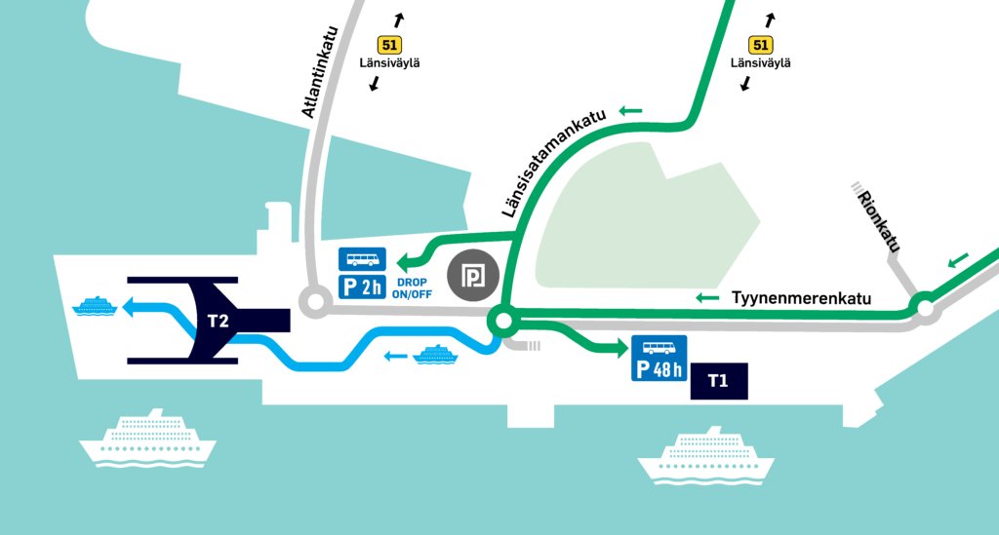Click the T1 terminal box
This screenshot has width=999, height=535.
tap(718, 381)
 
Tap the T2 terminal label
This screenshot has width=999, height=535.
tap(218, 320)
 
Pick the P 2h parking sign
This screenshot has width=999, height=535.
tap(362, 287)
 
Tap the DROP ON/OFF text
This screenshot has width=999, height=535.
tap(411, 287)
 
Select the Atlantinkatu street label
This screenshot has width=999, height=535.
tap(323, 71)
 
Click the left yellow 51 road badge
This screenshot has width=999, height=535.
tap(389, 45)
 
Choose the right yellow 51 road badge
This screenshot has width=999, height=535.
tap(761, 45)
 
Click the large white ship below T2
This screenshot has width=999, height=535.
tap(147, 439)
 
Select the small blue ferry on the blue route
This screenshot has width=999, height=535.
tap(436, 354)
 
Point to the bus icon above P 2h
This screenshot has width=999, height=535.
tap(362, 260)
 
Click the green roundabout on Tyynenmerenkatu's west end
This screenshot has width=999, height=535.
tap(503, 319)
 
